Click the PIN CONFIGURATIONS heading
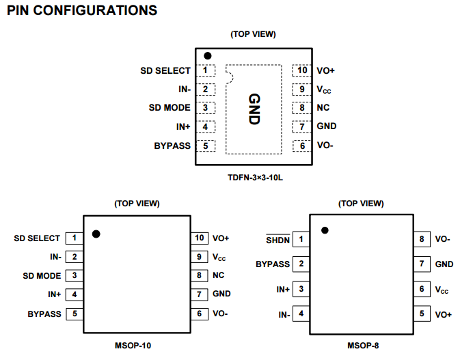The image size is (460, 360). point(81,11)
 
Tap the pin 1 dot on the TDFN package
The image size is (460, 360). point(207,55)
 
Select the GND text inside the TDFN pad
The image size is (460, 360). point(254,109)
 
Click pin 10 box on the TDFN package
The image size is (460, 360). point(302,70)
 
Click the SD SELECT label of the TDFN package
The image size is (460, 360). point(165,70)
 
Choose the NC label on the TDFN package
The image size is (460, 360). point(323,108)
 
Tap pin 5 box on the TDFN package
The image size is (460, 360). point(205,146)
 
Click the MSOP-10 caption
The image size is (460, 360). point(133,346)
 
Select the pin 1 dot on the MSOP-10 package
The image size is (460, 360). point(96,234)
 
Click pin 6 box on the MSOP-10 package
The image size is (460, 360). point(200,314)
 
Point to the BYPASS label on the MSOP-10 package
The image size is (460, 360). point(44,314)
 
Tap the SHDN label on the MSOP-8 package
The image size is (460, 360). point(278,239)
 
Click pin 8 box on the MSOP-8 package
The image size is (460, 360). point(422,239)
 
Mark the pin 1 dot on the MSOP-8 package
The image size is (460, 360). point(325,230)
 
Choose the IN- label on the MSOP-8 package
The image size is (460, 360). point(284,314)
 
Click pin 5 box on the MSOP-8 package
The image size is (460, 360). point(422,314)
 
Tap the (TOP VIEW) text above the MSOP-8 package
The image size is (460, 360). point(361,203)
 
